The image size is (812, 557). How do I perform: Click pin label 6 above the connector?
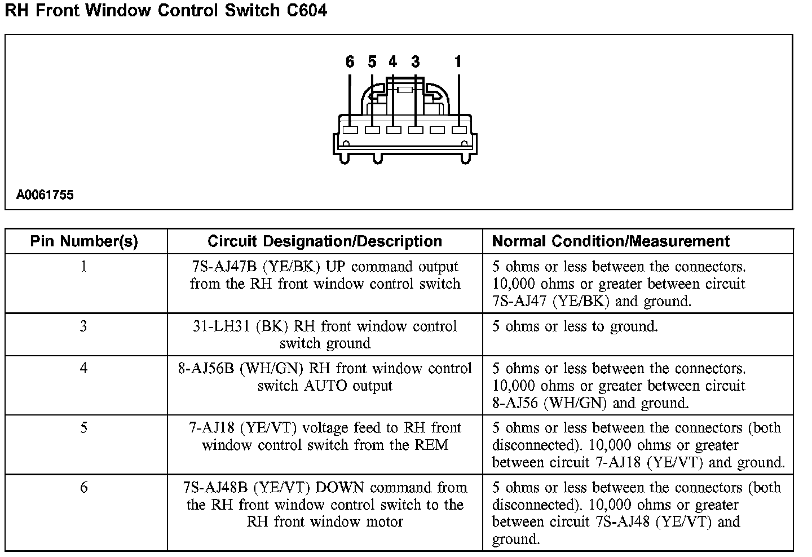click(350, 62)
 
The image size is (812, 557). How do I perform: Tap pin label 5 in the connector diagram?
click(372, 62)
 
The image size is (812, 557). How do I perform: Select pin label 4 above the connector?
click(392, 62)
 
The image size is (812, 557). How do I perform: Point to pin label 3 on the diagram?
click(416, 62)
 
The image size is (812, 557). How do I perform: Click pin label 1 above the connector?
click(458, 62)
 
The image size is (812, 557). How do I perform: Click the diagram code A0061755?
click(45, 196)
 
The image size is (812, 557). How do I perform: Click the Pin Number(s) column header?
click(84, 241)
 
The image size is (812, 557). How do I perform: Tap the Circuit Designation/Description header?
click(325, 241)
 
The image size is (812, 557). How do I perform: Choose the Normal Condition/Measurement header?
click(611, 241)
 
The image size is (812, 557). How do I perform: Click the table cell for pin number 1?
click(84, 266)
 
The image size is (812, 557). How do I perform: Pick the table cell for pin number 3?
click(84, 326)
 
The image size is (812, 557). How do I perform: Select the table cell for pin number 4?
click(84, 368)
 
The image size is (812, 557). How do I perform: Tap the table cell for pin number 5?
click(84, 428)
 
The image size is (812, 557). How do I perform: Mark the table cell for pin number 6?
click(84, 487)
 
